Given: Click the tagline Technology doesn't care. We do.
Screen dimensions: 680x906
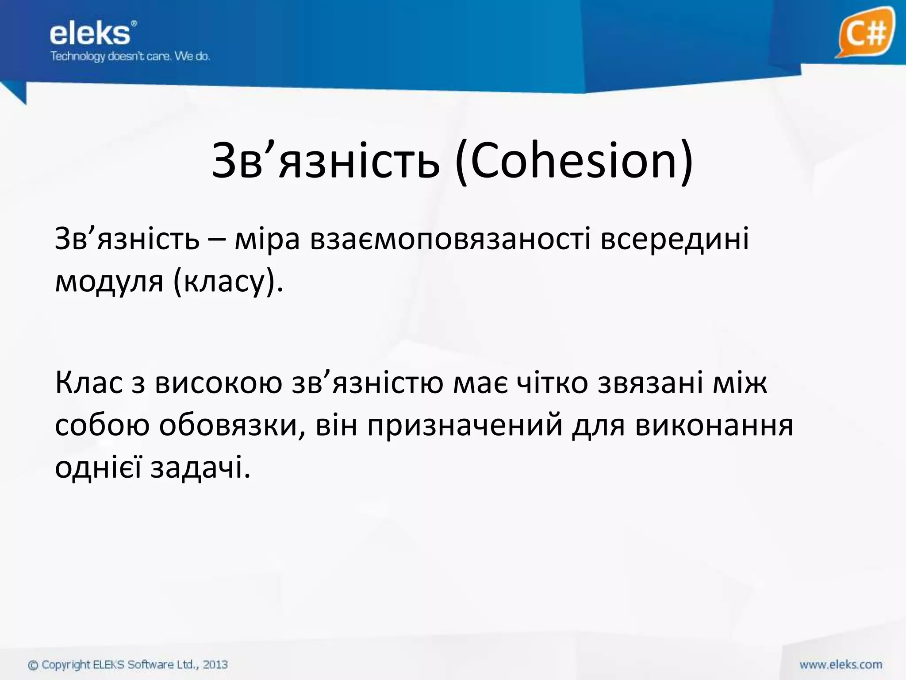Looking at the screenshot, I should tap(130, 57).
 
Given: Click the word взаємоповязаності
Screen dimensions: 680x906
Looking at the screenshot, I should tap(450, 240).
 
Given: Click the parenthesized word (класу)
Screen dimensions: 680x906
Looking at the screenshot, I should tap(227, 282).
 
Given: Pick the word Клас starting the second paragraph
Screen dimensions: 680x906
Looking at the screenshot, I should tap(88, 383).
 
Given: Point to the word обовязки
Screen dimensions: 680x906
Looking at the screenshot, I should tap(232, 425).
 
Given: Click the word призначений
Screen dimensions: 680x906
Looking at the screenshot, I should tap(465, 425).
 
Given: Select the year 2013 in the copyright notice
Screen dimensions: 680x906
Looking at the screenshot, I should tap(215, 664).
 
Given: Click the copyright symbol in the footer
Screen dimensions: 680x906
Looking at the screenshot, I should tap(33, 665).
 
